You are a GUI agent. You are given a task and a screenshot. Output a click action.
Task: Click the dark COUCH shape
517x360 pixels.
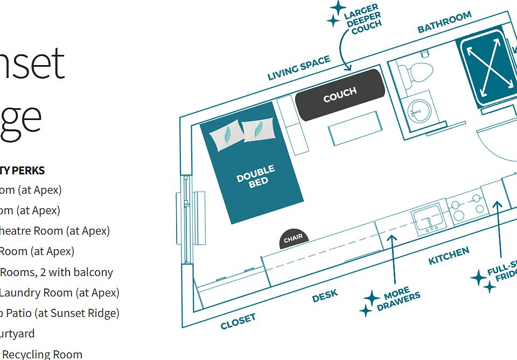(x=340, y=94)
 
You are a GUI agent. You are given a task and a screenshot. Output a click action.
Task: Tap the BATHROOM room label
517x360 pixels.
(x=444, y=22)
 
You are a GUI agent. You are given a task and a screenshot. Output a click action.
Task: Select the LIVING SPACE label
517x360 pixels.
(x=299, y=68)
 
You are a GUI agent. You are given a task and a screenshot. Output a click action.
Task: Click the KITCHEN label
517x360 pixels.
(x=449, y=256)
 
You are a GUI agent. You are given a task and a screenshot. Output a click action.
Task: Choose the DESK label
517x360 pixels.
(x=325, y=295)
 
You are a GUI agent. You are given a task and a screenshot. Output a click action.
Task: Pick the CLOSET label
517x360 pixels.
(x=237, y=321)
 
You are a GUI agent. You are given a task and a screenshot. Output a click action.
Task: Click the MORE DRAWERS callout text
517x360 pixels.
(x=399, y=299)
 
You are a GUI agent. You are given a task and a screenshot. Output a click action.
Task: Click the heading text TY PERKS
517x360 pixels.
(x=23, y=171)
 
